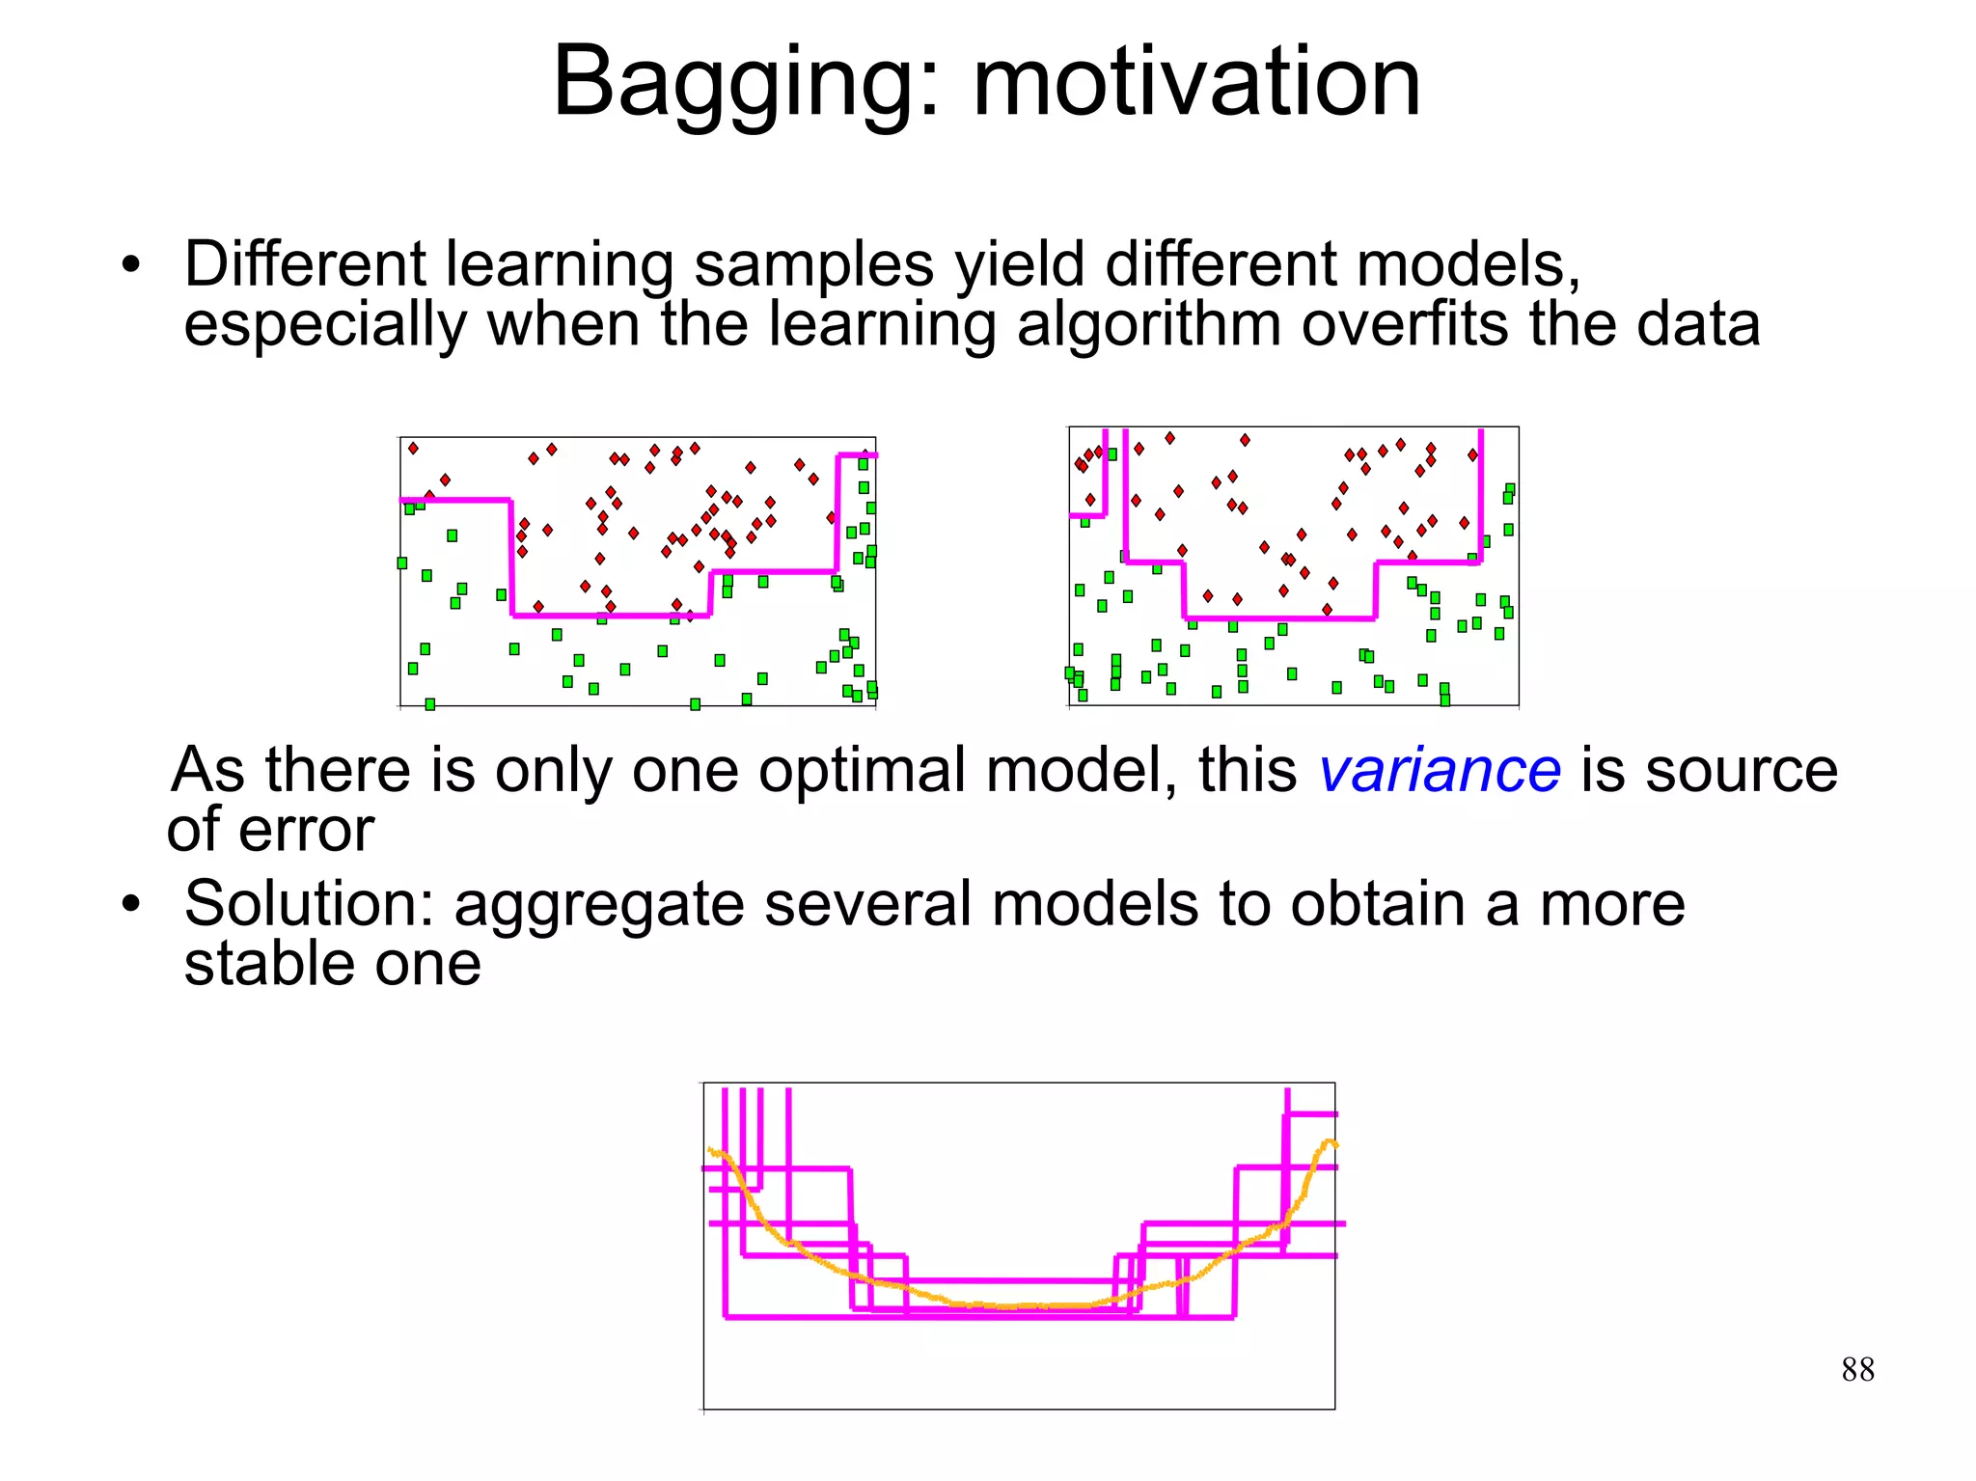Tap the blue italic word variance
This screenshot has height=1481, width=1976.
[1439, 771]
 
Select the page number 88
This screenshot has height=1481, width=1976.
[1857, 1369]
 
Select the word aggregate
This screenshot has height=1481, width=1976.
[598, 907]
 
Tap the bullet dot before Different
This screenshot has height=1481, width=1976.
[131, 265]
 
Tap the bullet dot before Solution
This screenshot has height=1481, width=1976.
[131, 905]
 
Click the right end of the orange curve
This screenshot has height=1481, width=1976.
[1335, 1145]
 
